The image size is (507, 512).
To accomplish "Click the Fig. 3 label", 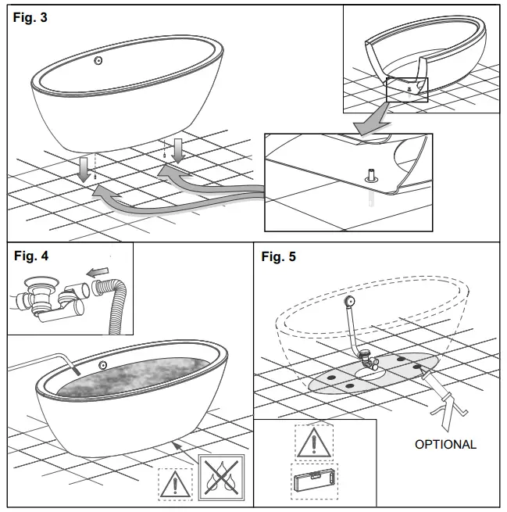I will point(30,18).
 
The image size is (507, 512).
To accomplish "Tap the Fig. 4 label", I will point(30,256).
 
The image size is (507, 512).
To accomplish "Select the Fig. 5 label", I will point(279,256).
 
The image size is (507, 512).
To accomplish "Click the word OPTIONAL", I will point(445,444).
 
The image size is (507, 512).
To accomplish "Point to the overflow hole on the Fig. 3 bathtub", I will point(98,61).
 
